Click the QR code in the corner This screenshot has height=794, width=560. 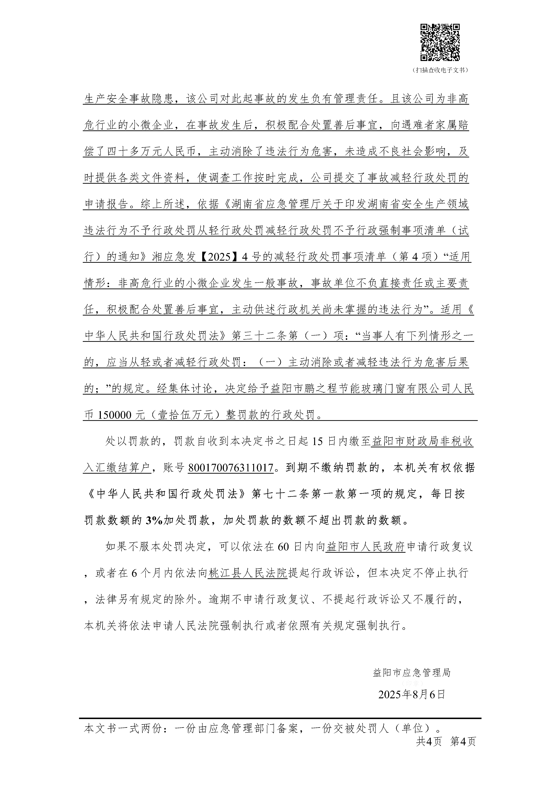coord(440,42)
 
